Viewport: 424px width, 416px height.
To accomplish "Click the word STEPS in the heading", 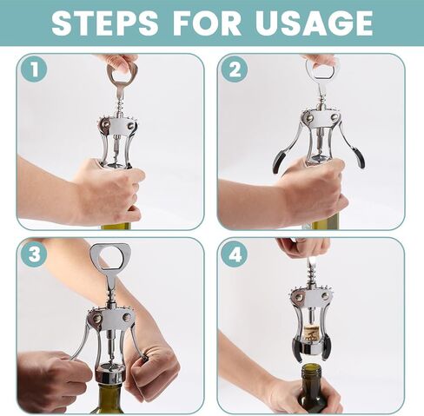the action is (x=105, y=23).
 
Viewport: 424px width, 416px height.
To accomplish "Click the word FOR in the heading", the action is (x=207, y=23).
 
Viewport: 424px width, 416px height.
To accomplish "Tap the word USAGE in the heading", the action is (x=314, y=23).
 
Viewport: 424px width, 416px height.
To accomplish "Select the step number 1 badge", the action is (x=34, y=69).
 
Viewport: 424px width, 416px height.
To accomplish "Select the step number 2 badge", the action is (x=235, y=69).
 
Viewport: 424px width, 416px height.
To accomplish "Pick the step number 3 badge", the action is (x=34, y=254).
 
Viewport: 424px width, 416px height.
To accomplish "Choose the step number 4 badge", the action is (x=235, y=255).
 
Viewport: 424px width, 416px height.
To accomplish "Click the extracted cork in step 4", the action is (x=311, y=333).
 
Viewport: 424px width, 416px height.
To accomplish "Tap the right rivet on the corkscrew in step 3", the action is (x=126, y=317).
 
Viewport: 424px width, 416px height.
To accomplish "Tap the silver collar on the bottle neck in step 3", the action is (x=110, y=376).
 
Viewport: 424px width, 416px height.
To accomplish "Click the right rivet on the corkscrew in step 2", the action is (x=335, y=117).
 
